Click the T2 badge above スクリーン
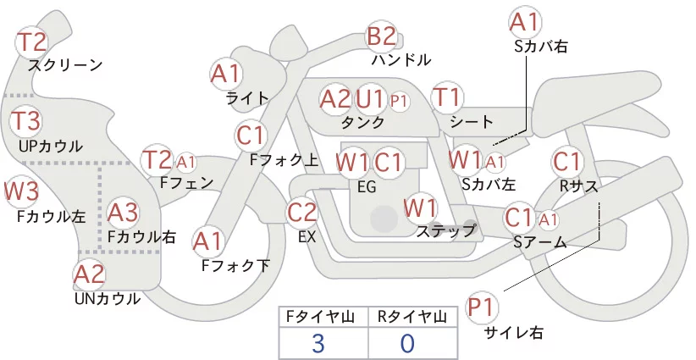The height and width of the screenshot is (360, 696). click(31, 42)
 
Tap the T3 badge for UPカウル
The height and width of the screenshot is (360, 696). click(25, 121)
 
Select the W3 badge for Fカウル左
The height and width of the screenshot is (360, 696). click(20, 191)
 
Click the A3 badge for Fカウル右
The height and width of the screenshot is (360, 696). click(123, 213)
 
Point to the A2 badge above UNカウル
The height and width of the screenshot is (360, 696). click(89, 274)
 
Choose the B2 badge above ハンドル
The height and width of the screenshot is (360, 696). click(382, 36)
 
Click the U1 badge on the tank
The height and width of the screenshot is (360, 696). click(370, 99)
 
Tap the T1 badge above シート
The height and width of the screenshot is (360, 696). click(447, 97)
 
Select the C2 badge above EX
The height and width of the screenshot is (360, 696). click(301, 212)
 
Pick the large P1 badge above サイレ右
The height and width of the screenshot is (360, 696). click(481, 307)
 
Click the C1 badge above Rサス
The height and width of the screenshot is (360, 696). click(566, 162)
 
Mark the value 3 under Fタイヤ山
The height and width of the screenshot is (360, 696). click(318, 343)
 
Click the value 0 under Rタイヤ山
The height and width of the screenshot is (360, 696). click(407, 343)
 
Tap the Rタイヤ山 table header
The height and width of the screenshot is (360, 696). click(412, 317)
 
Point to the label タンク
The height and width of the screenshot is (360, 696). click(363, 122)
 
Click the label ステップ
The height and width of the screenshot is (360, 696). click(445, 230)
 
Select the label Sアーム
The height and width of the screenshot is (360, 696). click(540, 242)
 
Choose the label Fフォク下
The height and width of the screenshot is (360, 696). click(235, 265)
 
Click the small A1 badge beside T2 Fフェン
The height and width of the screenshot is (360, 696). click(185, 162)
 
